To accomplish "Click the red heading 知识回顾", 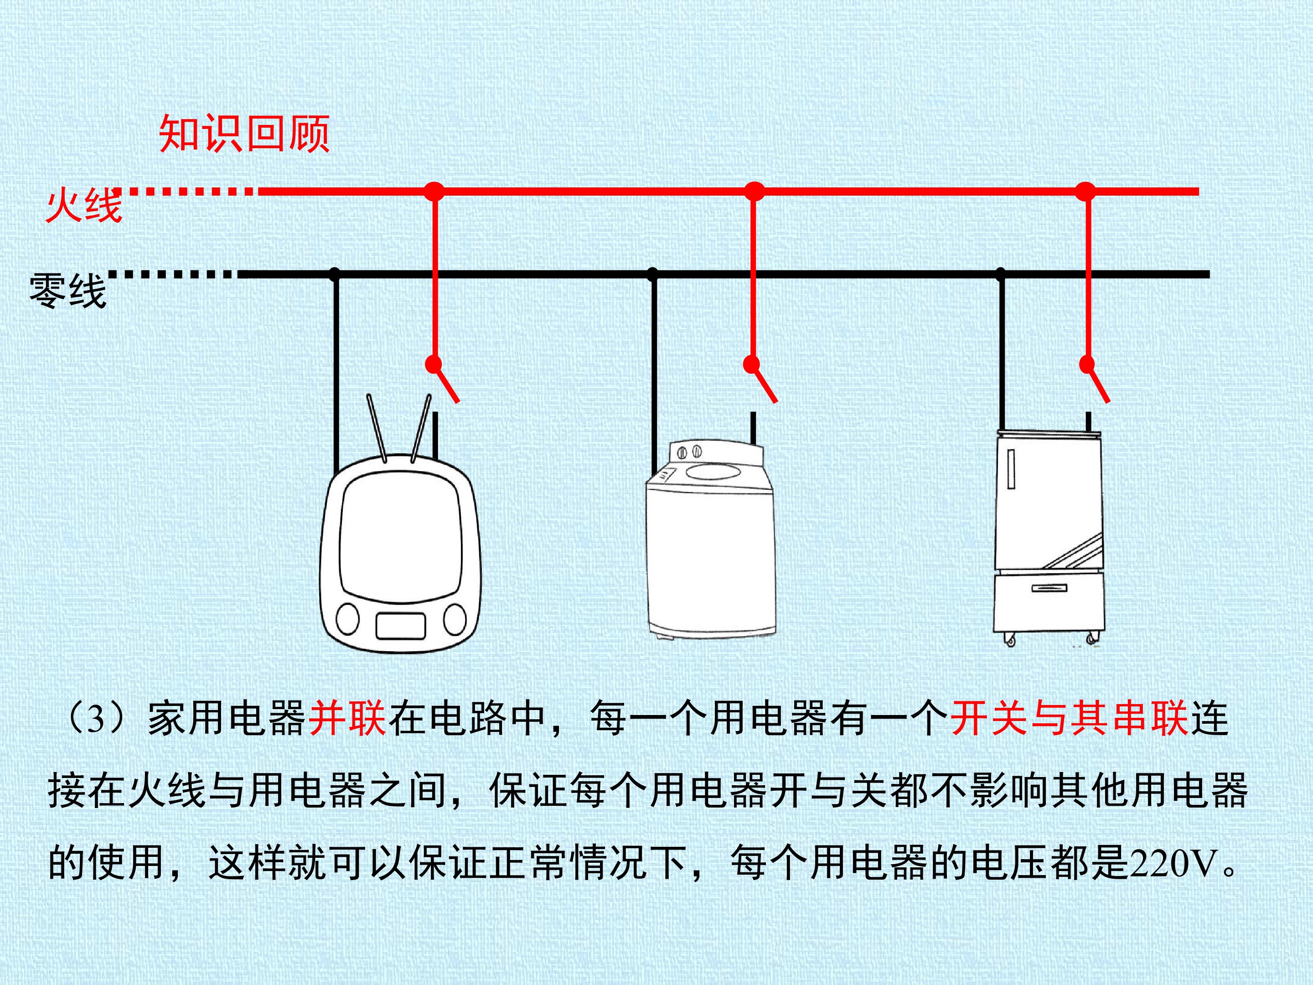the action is pos(244,134).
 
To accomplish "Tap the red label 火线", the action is pos(84,205).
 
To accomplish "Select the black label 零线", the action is pos(67,290).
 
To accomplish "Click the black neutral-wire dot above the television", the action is pos(335,275).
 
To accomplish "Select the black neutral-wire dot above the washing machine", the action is pos(653,275).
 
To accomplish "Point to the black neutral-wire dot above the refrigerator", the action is pos(1001,275).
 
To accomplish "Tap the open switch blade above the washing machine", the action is pos(764,383).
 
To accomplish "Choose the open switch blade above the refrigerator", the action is pos(1097,383).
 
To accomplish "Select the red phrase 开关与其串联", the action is pos(1070,718).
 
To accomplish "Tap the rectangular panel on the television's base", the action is pos(401,625).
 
